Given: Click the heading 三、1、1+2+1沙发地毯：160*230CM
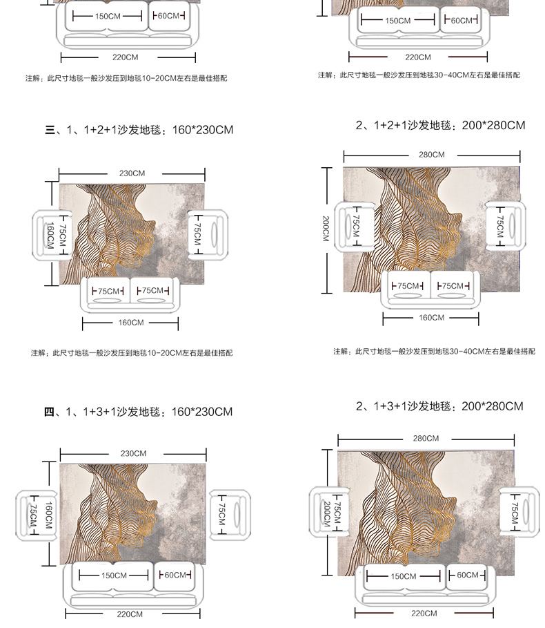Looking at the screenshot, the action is click(x=139, y=130).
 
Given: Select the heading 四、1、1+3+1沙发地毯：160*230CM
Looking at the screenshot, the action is click(x=139, y=412).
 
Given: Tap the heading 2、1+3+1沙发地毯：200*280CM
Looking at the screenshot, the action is click(x=439, y=406).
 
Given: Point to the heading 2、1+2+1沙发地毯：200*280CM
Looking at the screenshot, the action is click(x=440, y=125).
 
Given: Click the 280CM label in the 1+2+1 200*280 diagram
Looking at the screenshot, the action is click(x=431, y=155).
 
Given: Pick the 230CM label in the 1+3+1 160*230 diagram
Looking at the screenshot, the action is click(x=133, y=453).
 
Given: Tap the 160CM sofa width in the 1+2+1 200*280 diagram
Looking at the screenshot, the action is click(x=431, y=318).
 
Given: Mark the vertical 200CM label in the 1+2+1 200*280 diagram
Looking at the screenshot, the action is click(x=326, y=229).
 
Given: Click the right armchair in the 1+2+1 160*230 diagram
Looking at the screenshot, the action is click(x=208, y=235).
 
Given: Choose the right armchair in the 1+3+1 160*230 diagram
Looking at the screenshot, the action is click(x=230, y=515).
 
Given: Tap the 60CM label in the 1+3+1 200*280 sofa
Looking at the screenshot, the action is click(x=468, y=575).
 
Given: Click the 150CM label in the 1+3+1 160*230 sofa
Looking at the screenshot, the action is click(x=114, y=575).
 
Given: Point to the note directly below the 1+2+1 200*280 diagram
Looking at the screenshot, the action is click(x=434, y=352).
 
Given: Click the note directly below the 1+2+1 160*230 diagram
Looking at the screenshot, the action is click(x=132, y=353).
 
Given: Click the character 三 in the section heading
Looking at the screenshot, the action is click(x=50, y=130).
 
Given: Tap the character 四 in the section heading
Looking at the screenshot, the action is click(x=49, y=412).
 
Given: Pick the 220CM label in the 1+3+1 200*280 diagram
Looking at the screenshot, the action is click(x=424, y=613).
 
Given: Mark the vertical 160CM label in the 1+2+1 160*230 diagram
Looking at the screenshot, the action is click(x=50, y=236).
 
